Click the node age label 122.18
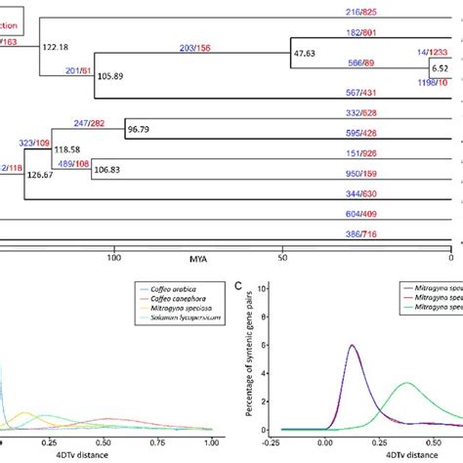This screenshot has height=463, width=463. coord(57,46)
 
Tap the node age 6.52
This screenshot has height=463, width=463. coord(441,70)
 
